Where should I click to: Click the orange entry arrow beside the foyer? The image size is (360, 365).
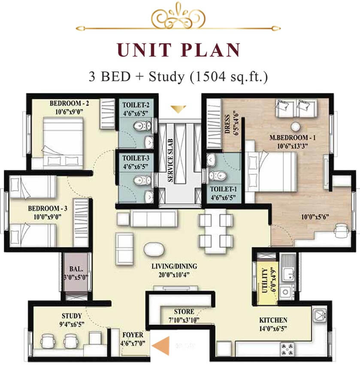click(x=162, y=345)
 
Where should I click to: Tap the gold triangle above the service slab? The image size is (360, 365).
click(x=178, y=109)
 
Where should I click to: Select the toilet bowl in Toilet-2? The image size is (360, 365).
click(x=142, y=126)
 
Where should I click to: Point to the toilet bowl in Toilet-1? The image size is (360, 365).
click(x=217, y=176)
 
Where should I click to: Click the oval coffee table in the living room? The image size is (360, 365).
click(x=154, y=249)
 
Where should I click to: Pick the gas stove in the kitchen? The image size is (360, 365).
click(x=287, y=349)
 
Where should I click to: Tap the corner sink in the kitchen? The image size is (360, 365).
click(x=319, y=315)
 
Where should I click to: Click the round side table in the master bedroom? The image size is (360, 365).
click(x=296, y=127)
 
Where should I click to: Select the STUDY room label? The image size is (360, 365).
click(x=72, y=316)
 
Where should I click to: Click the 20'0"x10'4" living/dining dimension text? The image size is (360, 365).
click(x=174, y=275)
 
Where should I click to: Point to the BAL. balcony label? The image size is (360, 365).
click(x=76, y=269)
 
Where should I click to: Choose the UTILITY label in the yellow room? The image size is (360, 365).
click(x=265, y=280)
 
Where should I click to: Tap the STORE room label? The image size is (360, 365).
click(x=184, y=311)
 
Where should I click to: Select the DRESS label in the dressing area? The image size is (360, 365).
click(x=227, y=124)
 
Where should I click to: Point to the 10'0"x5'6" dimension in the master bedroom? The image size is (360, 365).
click(x=315, y=217)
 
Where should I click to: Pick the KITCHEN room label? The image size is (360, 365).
click(x=273, y=320)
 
